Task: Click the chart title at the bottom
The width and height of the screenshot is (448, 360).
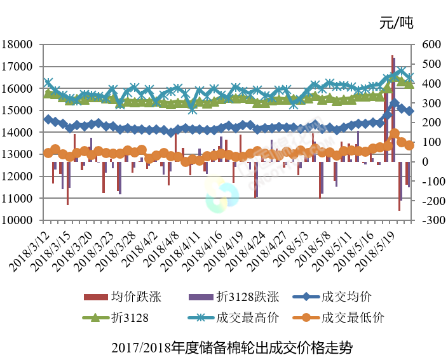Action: [231, 347]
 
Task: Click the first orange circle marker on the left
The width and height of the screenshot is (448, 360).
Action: [48, 152]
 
